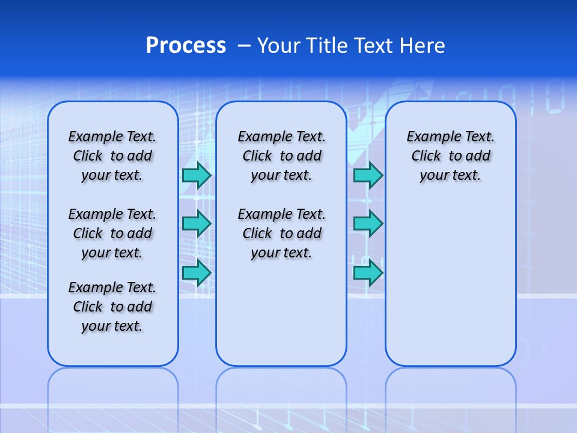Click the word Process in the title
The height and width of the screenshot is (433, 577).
coord(186,46)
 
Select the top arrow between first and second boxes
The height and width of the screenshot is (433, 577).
coord(197,175)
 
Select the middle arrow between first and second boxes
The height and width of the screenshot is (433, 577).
coord(197,224)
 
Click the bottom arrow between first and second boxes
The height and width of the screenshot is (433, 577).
coord(197,272)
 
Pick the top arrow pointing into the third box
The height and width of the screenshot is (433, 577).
coord(368,175)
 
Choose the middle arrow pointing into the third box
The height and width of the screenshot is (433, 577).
coord(368,224)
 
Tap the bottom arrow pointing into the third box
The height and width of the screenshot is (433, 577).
coord(368,272)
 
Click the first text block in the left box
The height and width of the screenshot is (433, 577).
coord(112,156)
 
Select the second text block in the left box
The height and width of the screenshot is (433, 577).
coord(112,233)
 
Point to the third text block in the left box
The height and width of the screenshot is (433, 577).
coord(112,307)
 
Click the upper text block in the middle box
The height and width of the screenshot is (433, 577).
coord(281,156)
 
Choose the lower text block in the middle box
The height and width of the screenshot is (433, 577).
coord(281,233)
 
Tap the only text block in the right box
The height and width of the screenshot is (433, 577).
coord(450,156)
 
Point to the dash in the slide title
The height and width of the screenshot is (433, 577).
coord(244,46)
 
